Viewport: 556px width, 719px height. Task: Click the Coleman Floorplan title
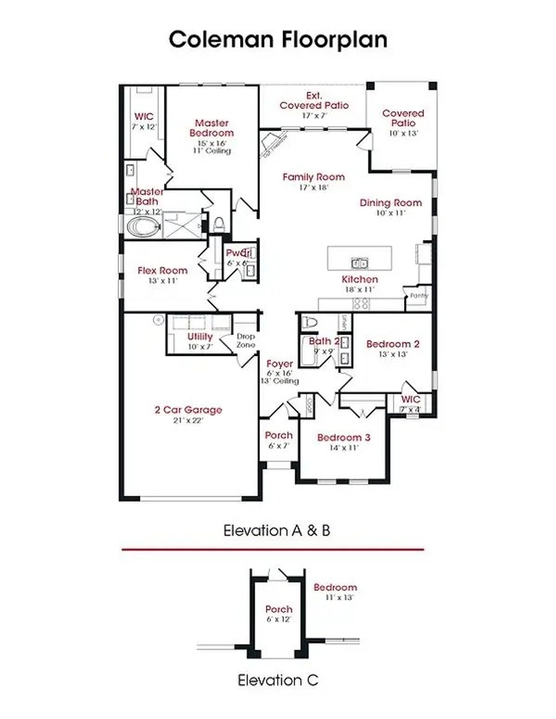(x=278, y=40)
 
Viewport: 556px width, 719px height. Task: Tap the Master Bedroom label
(x=212, y=128)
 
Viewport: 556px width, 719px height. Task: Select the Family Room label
(x=313, y=177)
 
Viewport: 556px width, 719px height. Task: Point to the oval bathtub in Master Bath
(x=143, y=227)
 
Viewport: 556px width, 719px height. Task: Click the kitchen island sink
(x=359, y=263)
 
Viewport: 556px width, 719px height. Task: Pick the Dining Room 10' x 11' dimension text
(x=391, y=213)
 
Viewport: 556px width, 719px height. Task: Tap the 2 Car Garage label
(x=188, y=410)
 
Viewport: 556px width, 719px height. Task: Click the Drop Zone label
(x=246, y=341)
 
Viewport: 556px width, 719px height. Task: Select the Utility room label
(x=200, y=337)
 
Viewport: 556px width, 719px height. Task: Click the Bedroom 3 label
(x=344, y=437)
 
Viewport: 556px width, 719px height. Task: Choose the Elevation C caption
(x=278, y=680)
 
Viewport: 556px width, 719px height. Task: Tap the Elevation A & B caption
(x=277, y=530)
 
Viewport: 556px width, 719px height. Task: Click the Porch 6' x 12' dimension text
(x=279, y=619)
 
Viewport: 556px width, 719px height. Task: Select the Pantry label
(x=419, y=295)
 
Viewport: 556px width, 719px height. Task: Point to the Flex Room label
(x=162, y=271)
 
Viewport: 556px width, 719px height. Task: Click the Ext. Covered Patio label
(x=314, y=100)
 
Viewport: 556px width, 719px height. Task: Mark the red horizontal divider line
(x=273, y=550)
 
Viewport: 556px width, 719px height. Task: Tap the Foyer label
(x=279, y=364)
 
